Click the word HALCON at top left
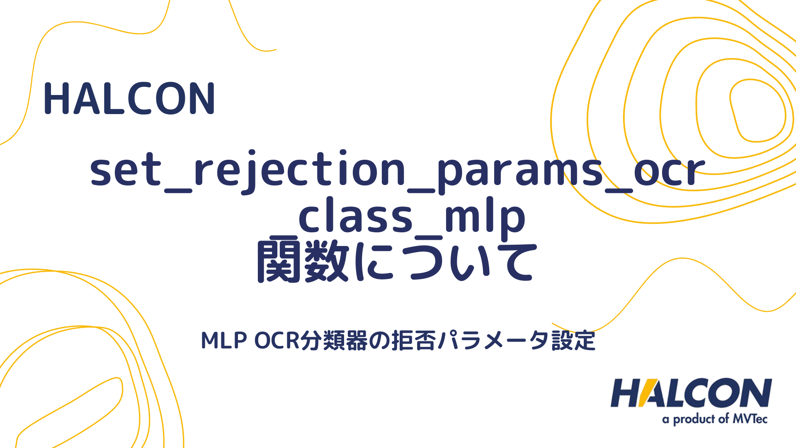point(129,99)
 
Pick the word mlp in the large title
point(485,218)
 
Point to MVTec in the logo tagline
point(750,419)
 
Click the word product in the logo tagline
point(694,419)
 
